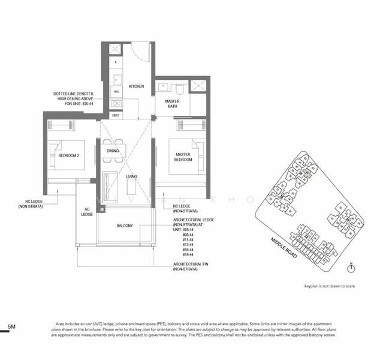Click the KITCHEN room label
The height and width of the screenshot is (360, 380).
click(x=137, y=86)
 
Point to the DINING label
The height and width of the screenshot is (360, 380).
click(x=113, y=151)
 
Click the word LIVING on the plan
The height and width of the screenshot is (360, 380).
click(x=131, y=176)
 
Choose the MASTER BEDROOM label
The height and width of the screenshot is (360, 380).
click(x=183, y=157)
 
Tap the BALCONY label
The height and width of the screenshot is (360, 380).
click(x=125, y=226)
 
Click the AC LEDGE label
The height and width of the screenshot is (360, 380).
click(x=86, y=212)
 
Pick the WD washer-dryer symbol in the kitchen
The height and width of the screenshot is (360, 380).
click(x=116, y=92)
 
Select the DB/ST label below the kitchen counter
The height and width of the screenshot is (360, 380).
click(x=116, y=115)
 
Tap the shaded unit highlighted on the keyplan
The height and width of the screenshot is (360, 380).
click(x=307, y=172)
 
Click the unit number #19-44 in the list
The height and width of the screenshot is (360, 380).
click(x=188, y=255)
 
